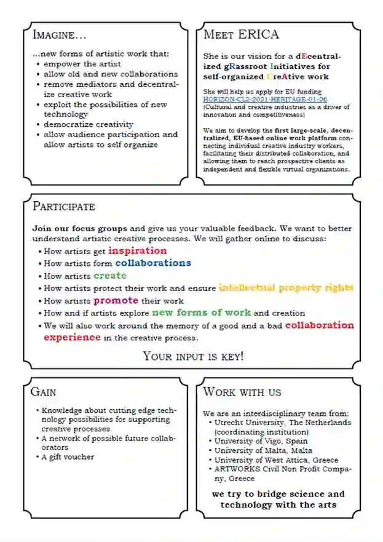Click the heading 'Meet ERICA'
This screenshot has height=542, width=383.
point(241,34)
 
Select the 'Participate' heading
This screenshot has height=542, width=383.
point(64,205)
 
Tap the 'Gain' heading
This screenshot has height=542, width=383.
point(44,391)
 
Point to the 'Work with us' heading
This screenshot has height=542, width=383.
point(242,391)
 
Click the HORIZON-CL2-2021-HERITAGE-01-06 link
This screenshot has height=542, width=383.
point(265,99)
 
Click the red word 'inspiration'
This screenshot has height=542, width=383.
point(137,251)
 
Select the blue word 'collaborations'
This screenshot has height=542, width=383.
point(153,263)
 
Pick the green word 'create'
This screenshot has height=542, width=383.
point(110,276)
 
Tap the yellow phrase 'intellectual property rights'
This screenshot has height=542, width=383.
point(286,287)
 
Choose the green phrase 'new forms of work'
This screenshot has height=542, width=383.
point(202,313)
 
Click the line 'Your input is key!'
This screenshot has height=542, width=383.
point(193,356)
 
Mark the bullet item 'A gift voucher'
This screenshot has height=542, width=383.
point(68,457)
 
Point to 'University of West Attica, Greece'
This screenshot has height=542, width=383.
point(276,460)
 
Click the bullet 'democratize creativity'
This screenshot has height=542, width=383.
point(89,124)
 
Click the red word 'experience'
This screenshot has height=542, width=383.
point(72,337)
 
